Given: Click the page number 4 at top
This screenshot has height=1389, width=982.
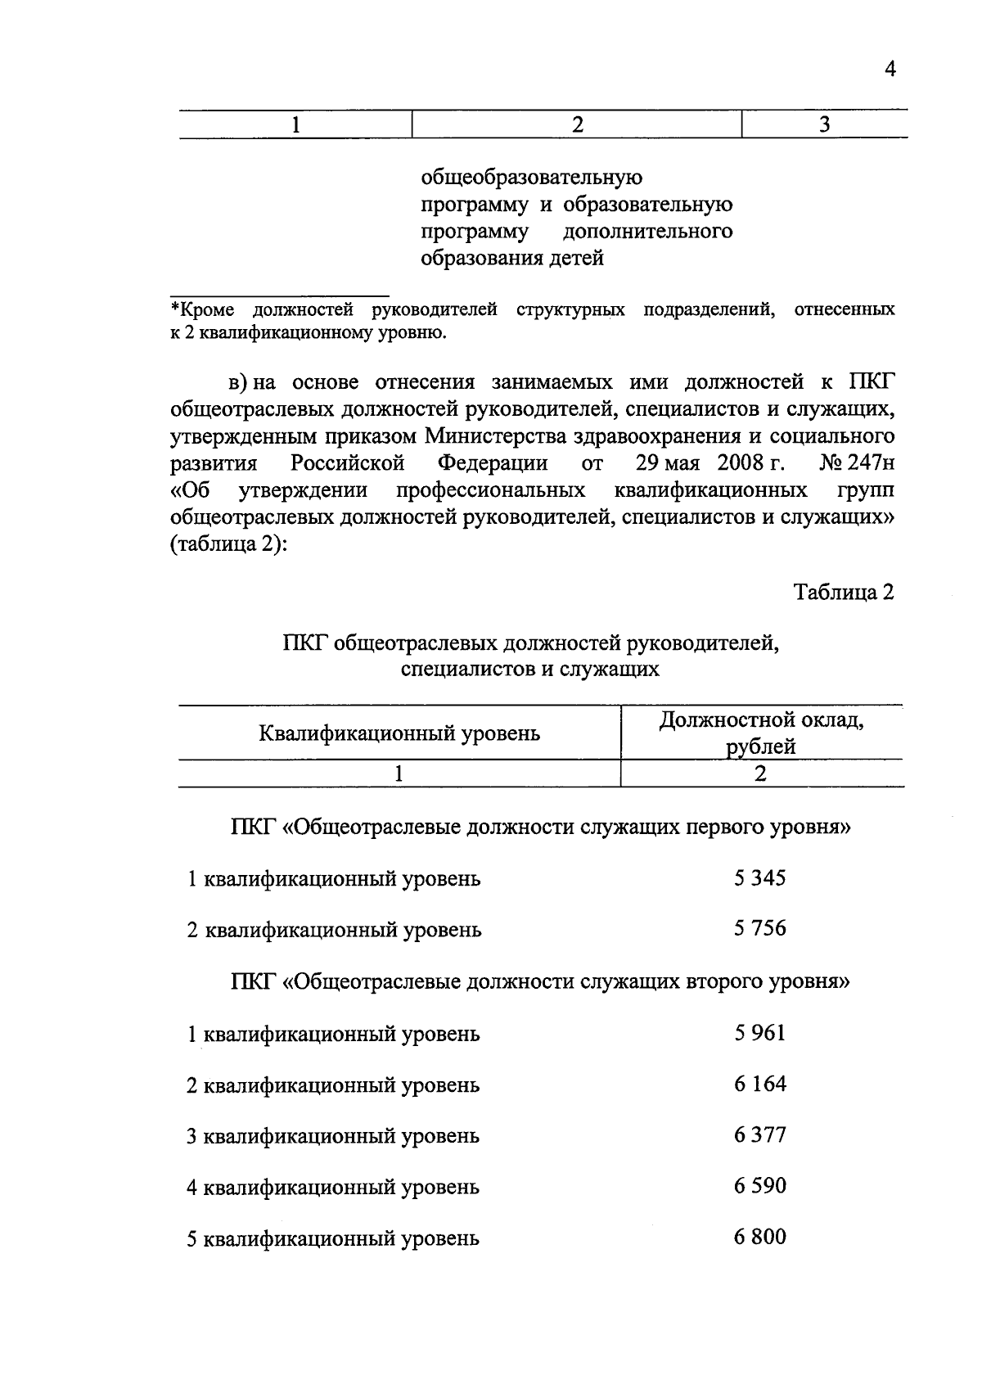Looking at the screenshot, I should tap(890, 69).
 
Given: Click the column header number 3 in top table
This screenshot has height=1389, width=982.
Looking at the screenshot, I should tap(824, 124).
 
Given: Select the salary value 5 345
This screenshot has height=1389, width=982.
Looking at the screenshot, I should tap(759, 878).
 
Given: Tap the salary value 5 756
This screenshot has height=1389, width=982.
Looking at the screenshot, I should tap(759, 928).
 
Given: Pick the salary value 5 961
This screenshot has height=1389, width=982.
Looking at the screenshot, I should tap(759, 1033).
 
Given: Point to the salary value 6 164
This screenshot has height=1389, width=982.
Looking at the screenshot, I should tap(759, 1084).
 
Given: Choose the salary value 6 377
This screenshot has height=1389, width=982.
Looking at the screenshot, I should tap(759, 1135).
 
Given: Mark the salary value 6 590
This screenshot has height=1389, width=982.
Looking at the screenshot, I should tap(759, 1186).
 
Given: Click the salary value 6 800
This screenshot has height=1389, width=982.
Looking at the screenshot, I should tap(759, 1237).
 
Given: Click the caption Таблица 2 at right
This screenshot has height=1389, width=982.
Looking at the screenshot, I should tap(844, 593).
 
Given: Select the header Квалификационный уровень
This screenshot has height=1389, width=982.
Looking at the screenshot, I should tap(399, 733).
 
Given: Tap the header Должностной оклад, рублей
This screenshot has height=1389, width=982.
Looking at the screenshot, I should tap(761, 733).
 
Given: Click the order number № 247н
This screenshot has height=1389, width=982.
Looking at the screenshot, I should tap(856, 463).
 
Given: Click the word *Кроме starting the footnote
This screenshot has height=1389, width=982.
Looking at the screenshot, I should tap(202, 310).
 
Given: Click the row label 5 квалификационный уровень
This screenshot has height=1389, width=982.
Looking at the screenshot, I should tap(332, 1239).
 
